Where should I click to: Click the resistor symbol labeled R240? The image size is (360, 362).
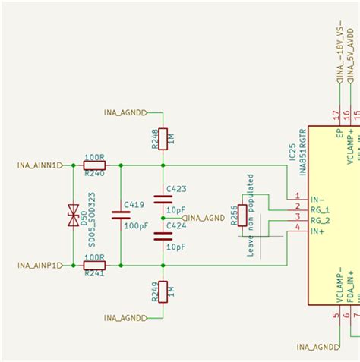click(x=94, y=165)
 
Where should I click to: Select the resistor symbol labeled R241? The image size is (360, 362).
click(x=94, y=266)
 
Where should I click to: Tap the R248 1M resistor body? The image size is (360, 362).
click(x=163, y=139)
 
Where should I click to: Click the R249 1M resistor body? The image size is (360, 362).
click(x=163, y=291)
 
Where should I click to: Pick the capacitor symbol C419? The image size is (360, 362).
click(x=121, y=215)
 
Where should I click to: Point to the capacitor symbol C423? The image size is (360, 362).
click(x=163, y=200)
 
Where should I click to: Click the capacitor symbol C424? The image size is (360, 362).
click(x=163, y=237)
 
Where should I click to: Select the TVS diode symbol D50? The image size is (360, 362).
click(x=74, y=215)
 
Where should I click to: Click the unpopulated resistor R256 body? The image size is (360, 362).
click(x=242, y=215)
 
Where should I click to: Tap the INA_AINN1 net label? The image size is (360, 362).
click(x=36, y=165)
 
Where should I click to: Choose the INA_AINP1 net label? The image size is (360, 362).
click(x=36, y=266)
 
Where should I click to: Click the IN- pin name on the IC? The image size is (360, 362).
click(x=317, y=197)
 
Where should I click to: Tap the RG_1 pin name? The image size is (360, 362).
click(x=320, y=207)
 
